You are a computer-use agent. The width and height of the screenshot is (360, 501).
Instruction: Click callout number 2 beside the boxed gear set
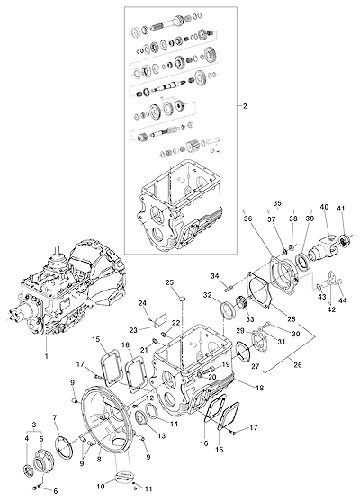(x=245, y=106)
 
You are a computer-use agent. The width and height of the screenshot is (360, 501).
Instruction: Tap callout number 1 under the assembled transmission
(x=47, y=355)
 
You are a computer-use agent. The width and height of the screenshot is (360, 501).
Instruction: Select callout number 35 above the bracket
(x=277, y=203)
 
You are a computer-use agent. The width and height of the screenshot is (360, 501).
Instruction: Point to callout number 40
(x=324, y=207)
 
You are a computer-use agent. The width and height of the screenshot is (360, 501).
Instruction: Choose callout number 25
(x=170, y=282)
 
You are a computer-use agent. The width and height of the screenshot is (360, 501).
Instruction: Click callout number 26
(x=298, y=364)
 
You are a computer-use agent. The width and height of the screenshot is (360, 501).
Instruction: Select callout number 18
(x=259, y=388)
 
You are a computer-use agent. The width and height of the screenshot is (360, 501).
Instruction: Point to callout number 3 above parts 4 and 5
(x=34, y=425)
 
